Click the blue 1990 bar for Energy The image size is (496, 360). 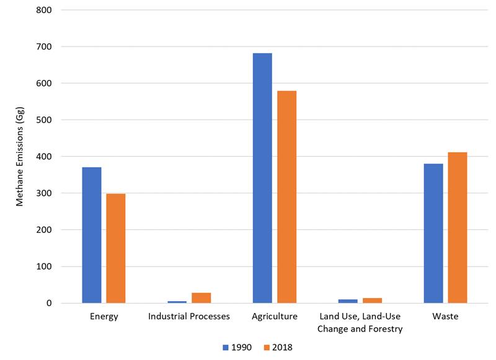[91, 235]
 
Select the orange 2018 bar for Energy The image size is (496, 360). [115, 248]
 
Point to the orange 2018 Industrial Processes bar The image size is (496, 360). [201, 298]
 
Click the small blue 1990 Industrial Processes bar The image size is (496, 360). [177, 302]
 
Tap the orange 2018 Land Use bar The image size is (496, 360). [372, 301]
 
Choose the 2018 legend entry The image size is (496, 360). [277, 348]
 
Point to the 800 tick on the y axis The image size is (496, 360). [44, 11]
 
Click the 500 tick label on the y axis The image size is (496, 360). [44, 120]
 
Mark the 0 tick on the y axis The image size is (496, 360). [48, 304]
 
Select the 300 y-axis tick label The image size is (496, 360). [44, 193]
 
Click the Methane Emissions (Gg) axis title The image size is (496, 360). [20, 157]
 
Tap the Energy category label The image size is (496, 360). [104, 317]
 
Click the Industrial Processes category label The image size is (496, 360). [189, 317]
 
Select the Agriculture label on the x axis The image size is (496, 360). [275, 317]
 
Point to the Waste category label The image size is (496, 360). [445, 317]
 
